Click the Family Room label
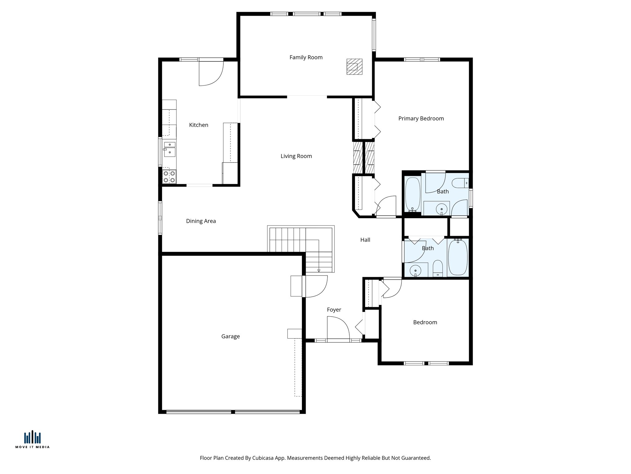(306, 57)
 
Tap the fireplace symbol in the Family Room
(354, 67)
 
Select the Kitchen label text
(198, 125)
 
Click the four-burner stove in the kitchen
(169, 177)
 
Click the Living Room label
(296, 156)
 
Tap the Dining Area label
(201, 221)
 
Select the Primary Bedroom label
(421, 118)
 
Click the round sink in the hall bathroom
(416, 270)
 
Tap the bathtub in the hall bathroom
(458, 257)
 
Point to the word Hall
(365, 240)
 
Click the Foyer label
(334, 310)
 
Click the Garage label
(230, 336)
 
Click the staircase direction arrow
(319, 270)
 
